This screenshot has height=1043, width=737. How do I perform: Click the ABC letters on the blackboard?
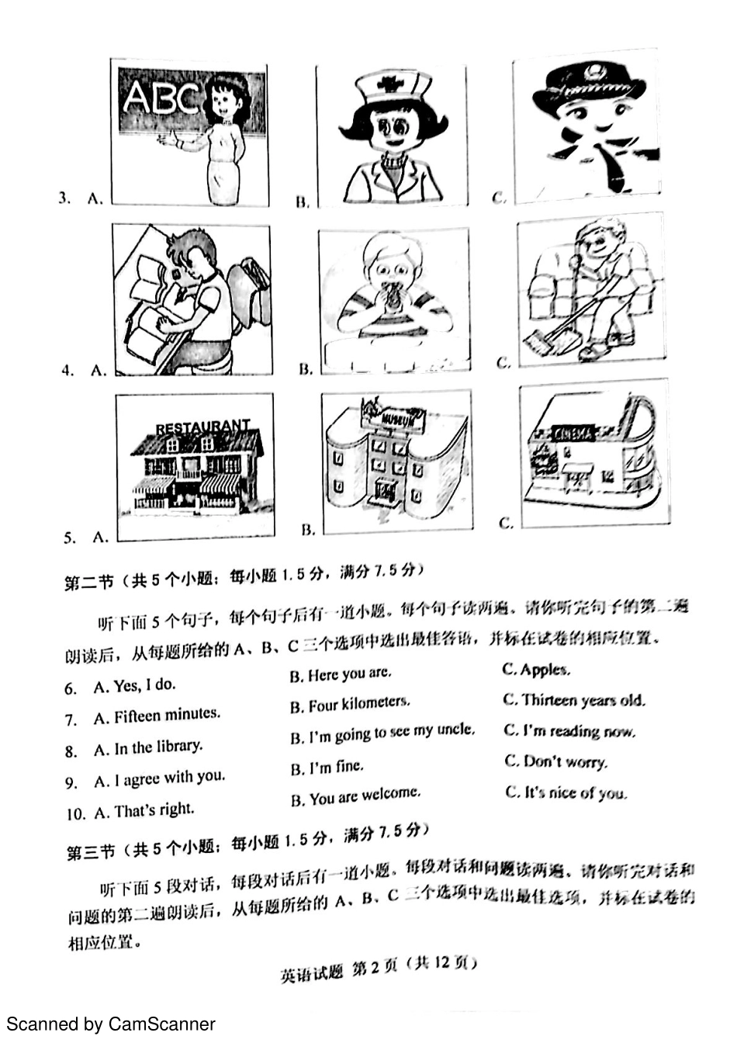coord(161,98)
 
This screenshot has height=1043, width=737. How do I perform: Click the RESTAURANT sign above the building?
coord(202,427)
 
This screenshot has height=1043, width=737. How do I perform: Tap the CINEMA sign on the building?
coord(574,433)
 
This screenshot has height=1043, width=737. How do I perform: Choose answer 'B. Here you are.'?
coord(341,674)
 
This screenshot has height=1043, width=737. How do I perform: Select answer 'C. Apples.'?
coord(536,669)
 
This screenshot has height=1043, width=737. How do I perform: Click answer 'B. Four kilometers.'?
coord(350,704)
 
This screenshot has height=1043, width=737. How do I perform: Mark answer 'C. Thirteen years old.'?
coord(574,700)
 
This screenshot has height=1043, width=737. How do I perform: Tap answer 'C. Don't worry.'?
coord(556,762)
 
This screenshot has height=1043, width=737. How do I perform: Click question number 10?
coord(75,813)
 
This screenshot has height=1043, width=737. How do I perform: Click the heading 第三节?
coord(90,852)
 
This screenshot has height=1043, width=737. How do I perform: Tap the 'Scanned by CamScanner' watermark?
coord(111,1024)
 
